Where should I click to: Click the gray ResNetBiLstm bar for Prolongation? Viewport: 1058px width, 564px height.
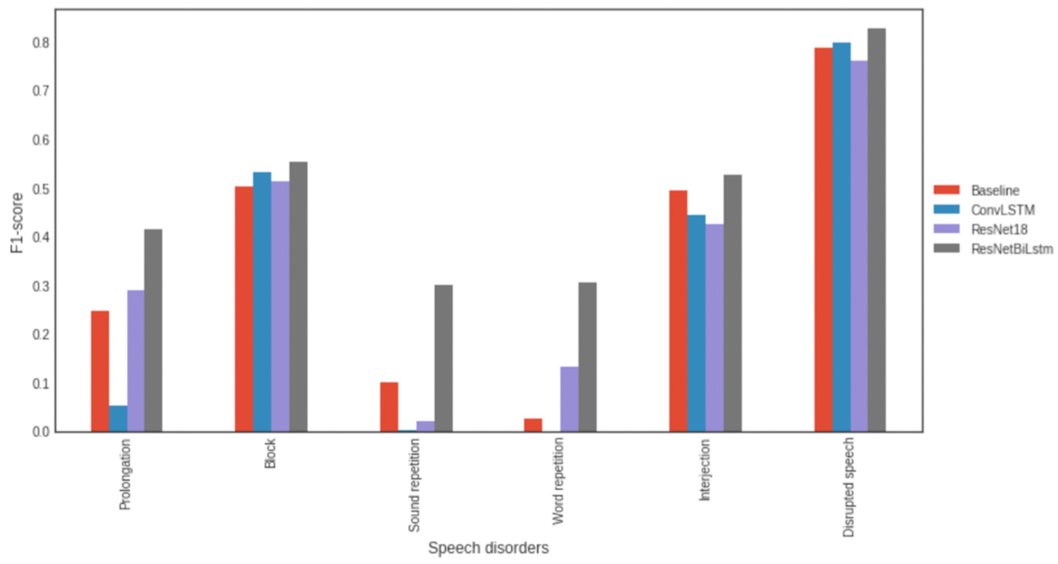153,330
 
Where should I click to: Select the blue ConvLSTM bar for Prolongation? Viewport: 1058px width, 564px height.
118,419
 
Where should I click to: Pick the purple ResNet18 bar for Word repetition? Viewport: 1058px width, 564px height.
569,399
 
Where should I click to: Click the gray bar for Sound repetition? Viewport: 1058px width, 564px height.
443,358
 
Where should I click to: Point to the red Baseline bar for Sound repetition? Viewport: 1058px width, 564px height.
389,407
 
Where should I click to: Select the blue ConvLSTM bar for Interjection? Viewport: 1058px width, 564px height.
696,323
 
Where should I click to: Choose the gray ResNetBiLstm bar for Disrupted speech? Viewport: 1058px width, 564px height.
877,230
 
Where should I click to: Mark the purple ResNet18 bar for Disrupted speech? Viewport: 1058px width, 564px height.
859,247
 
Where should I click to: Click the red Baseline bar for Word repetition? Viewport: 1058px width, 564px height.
533,425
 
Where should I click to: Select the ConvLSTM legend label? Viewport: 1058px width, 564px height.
1003,210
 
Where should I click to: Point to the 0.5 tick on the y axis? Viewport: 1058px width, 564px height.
41,189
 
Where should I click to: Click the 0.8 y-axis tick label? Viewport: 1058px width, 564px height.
41,43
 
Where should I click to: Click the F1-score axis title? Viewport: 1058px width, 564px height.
17,223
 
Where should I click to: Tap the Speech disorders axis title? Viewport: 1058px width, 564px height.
488,548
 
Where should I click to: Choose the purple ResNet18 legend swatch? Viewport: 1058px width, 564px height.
947,229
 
